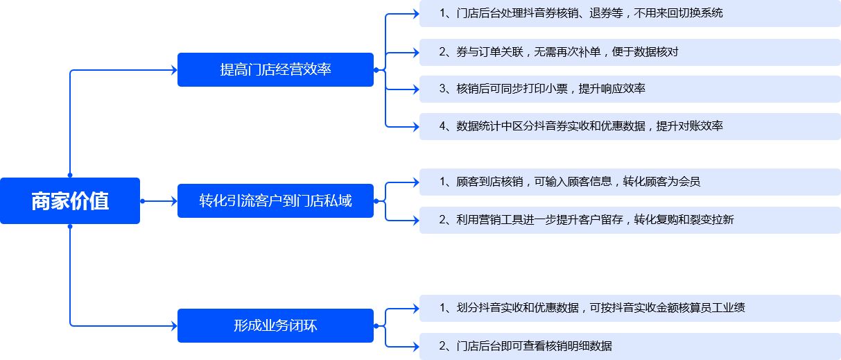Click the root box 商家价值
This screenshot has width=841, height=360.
pos(70,200)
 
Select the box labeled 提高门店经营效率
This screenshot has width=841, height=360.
pos(275,69)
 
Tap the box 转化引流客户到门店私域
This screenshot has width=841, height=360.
pos(275,200)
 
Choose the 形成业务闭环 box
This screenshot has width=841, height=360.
pos(275,325)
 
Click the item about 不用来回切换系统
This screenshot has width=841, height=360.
pos(630,14)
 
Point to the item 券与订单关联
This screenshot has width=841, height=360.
pos(630,52)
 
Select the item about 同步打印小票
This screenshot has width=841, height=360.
pos(630,89)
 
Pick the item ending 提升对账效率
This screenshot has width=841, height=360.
pos(630,126)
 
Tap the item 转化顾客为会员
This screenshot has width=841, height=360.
pos(630,182)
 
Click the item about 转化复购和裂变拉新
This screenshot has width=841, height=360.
pos(630,220)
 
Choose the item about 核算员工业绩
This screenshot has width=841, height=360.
pos(630,308)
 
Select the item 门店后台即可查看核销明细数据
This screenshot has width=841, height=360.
pos(630,346)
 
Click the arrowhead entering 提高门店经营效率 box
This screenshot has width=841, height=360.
pos(174,70)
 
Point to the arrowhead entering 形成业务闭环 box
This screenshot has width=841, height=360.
pos(174,326)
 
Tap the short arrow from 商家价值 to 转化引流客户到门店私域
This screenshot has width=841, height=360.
pos(159,201)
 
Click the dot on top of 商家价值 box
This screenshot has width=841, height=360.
pos(70,175)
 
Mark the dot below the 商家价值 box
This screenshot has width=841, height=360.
pos(70,227)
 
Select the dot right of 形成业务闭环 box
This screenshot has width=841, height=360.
pos(376,326)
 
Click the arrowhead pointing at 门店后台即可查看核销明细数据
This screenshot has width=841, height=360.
pos(416,346)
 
